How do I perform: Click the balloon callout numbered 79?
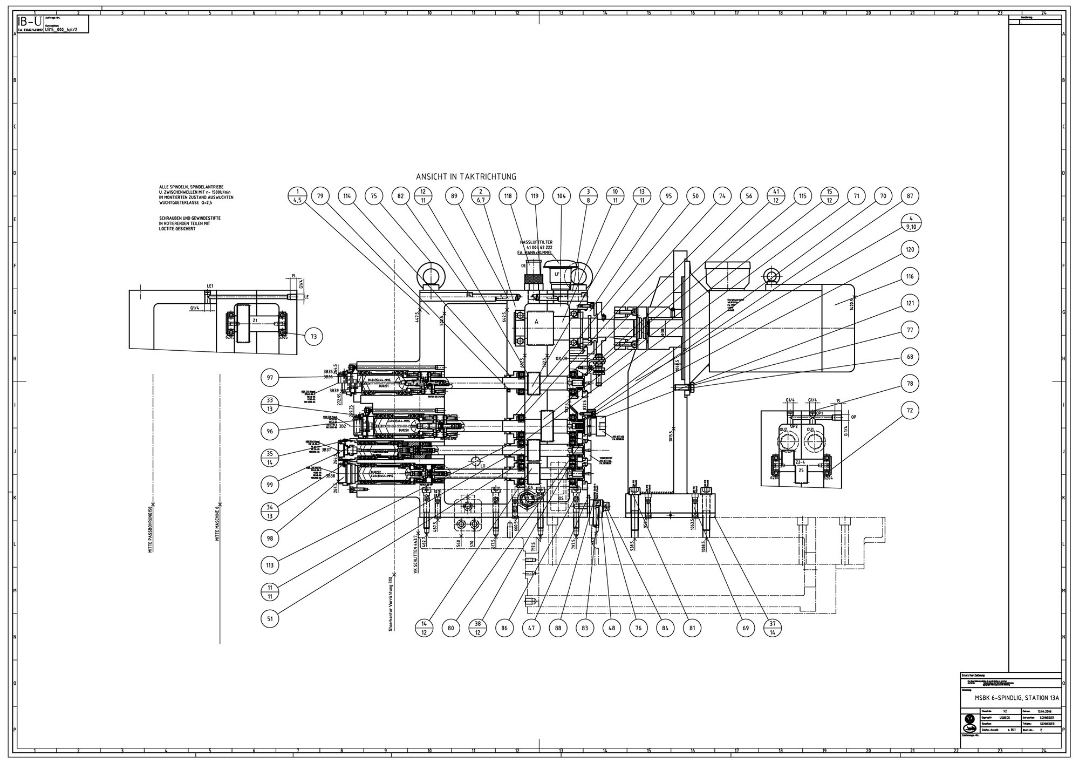coord(320,196)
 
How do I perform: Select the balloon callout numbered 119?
coord(535,196)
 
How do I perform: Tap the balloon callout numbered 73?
coord(313,337)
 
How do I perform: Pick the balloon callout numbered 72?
coord(910,411)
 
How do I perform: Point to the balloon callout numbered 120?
coord(910,250)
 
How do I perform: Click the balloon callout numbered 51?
coord(269,618)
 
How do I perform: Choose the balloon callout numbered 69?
coord(746,628)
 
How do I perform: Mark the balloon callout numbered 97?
coord(269,377)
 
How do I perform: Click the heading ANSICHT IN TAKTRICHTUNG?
coord(466,176)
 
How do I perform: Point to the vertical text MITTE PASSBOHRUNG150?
coord(152,532)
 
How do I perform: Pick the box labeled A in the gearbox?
coord(536,322)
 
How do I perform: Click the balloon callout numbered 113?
coord(269,566)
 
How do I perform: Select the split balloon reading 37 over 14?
coord(773,628)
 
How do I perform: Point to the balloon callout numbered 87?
coord(910,196)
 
